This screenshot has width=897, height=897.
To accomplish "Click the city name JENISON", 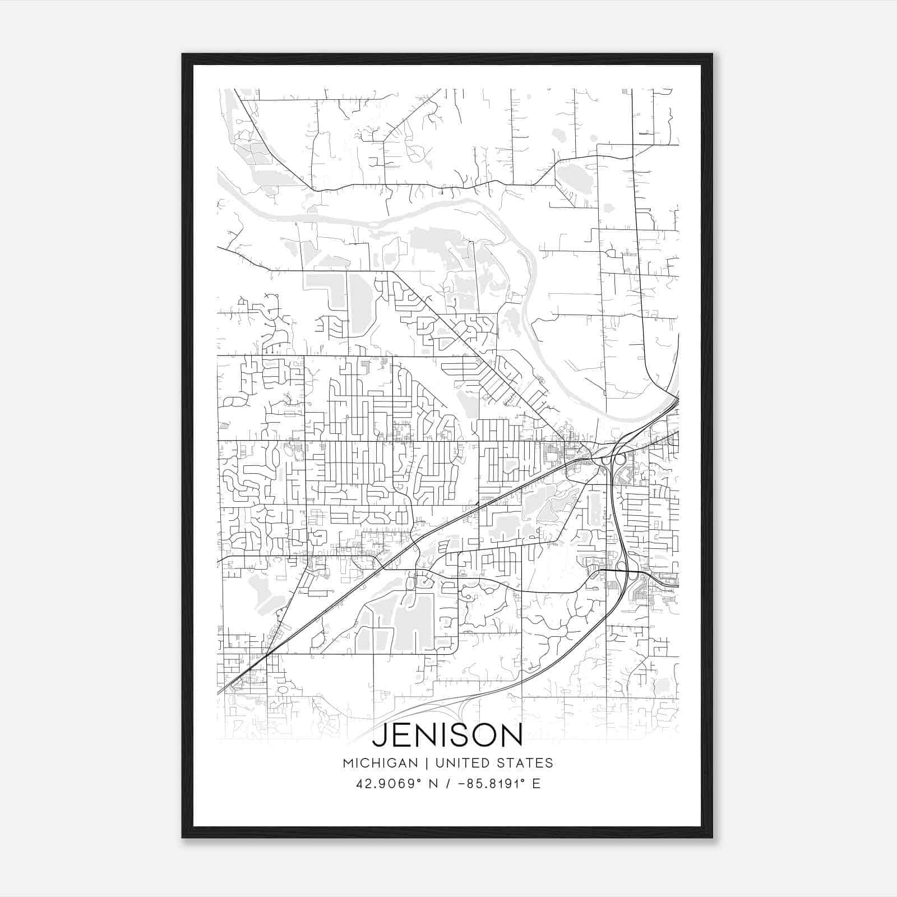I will click(447, 736).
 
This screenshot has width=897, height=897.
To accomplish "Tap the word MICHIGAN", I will click(381, 763).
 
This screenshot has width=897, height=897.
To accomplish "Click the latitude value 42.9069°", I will click(386, 783).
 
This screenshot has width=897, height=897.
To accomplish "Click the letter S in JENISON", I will click(455, 736).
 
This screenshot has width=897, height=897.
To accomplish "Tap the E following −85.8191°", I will click(537, 783).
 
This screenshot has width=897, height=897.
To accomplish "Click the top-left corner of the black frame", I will click(183, 54).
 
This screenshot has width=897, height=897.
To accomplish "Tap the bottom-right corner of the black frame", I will click(712, 838).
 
